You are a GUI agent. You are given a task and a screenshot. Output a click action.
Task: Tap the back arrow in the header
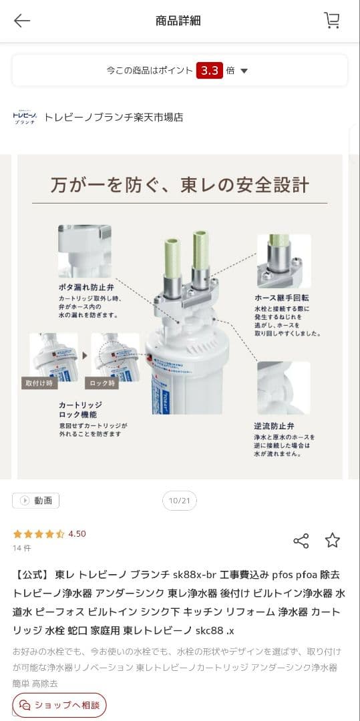(x=22, y=21)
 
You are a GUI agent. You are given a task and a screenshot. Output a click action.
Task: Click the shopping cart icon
(x=331, y=21)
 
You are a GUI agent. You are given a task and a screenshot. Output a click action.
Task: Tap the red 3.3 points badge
(x=209, y=71)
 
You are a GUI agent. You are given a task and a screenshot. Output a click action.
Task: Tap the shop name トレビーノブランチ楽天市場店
(x=113, y=117)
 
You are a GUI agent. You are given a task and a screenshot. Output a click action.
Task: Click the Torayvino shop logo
(x=25, y=117)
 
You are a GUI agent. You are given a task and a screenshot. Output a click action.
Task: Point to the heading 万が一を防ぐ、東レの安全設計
(x=180, y=184)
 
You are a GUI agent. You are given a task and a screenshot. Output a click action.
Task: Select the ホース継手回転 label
(x=281, y=298)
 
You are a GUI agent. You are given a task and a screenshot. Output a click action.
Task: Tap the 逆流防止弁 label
(x=275, y=425)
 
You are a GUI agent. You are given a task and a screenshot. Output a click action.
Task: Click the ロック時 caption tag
(x=102, y=383)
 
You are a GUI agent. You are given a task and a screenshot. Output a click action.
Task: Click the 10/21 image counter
(x=180, y=501)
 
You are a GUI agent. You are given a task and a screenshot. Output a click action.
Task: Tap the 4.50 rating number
(x=77, y=534)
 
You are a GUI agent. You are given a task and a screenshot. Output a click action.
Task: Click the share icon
(x=301, y=541)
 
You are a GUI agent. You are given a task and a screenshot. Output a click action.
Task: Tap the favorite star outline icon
(x=333, y=541)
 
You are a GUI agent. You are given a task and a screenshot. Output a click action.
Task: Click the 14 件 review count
(x=22, y=548)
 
